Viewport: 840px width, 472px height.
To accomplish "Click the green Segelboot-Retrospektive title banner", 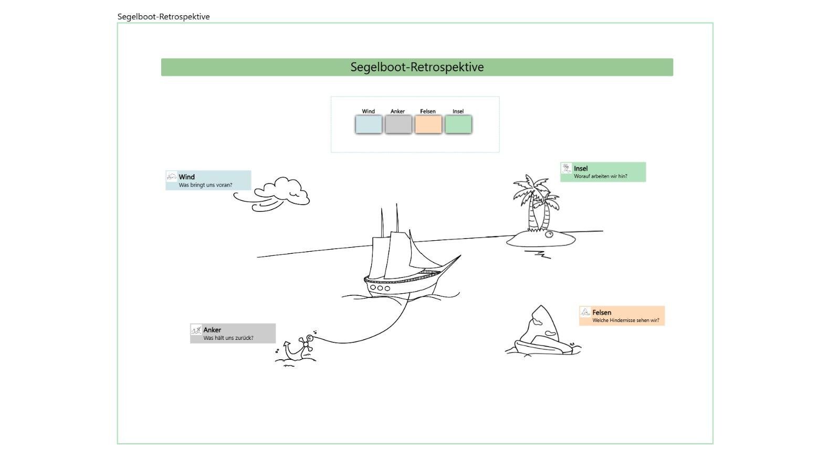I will (x=417, y=67).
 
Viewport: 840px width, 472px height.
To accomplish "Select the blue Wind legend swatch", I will (x=369, y=125).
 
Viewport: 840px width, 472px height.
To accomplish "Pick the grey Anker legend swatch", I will (x=398, y=125).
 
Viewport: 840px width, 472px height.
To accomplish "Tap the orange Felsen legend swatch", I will (x=428, y=125).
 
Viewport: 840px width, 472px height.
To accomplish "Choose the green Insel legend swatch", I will (x=458, y=125).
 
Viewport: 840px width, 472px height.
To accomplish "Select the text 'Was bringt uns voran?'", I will (x=205, y=185).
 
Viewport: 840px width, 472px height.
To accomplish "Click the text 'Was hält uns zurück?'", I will (x=228, y=338).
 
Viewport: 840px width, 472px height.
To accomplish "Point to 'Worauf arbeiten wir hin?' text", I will (x=601, y=176).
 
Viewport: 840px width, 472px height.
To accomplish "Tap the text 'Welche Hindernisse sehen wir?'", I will (x=626, y=320).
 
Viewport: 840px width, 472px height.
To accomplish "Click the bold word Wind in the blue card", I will (x=186, y=177).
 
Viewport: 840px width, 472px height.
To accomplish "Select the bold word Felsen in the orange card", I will (x=602, y=312).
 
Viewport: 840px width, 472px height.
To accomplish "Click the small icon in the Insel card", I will (x=566, y=168).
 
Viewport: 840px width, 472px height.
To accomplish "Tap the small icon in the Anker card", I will (x=196, y=330).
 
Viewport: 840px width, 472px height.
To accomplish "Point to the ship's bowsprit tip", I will (x=460, y=255).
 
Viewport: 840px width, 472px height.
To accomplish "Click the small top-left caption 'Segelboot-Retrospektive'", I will (x=163, y=17).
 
